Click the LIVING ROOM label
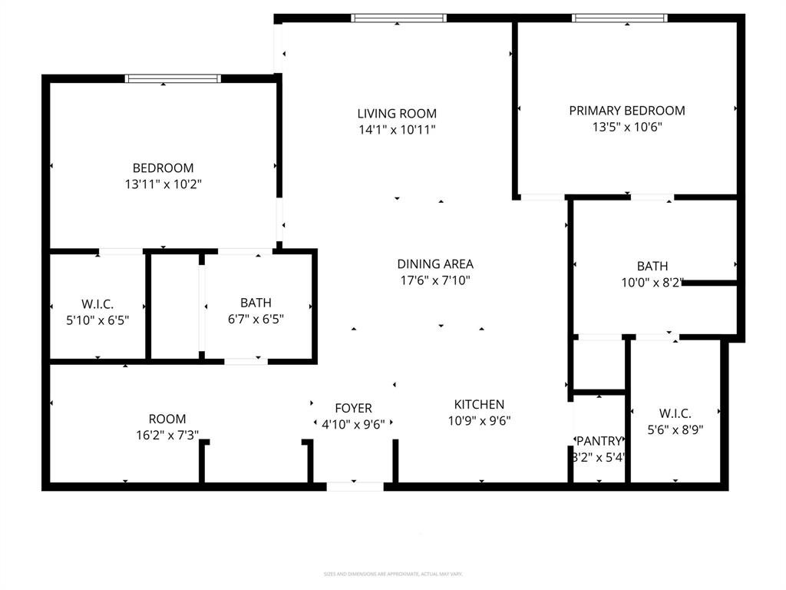pos(397,114)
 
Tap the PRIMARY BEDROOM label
pos(626,111)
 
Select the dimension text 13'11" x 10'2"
pos(163,184)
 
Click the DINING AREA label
pos(434,264)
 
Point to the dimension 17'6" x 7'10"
pos(434,280)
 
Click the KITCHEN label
pos(479,404)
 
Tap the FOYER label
pos(353,408)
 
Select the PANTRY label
pos(599,441)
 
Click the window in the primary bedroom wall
pos(619,18)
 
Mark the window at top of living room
pos(398,18)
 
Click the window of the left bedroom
pos(173,78)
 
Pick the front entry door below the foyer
pos(355,486)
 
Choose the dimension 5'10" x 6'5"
pos(97,319)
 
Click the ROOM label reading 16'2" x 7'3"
pos(167,419)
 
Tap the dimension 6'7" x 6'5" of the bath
pos(256,319)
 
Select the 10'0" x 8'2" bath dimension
pos(652,283)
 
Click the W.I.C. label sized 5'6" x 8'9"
pos(675,414)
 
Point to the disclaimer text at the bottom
pos(392,574)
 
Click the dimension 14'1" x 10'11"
pos(397,130)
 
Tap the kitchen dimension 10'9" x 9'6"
pos(479,420)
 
